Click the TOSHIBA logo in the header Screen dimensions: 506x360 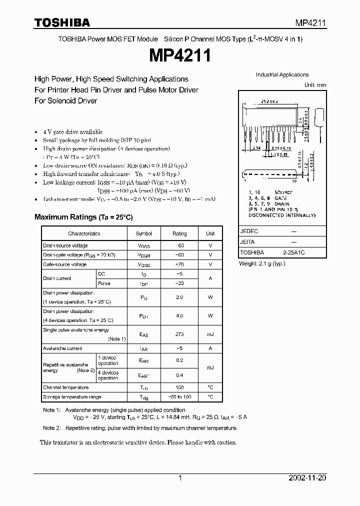pyautogui.click(x=62, y=22)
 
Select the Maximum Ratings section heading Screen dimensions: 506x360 pyautogui.click(x=83, y=217)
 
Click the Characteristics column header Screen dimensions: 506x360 pyautogui.click(x=84, y=233)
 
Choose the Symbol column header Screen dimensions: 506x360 pyautogui.click(x=144, y=233)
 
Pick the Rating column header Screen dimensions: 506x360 pyautogui.click(x=179, y=233)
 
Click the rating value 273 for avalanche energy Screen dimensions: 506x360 pyautogui.click(x=179, y=334)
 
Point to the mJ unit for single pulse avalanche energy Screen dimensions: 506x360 pyautogui.click(x=210, y=334)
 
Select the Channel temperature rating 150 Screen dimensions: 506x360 pyautogui.click(x=179, y=387)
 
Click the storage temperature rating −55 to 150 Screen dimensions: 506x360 pyautogui.click(x=179, y=397)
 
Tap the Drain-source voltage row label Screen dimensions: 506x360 pyautogui.click(x=65, y=245)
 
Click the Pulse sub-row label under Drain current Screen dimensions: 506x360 pyautogui.click(x=104, y=283)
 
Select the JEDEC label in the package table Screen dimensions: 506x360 pyautogui.click(x=248, y=232)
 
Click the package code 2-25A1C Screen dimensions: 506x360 pyautogui.click(x=293, y=253)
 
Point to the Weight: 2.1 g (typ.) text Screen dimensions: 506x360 pyautogui.click(x=262, y=263)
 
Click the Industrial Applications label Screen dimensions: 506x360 pyautogui.click(x=282, y=75)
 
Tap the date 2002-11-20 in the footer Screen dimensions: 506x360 pyautogui.click(x=307, y=478)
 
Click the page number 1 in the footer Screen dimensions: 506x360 pyautogui.click(x=180, y=478)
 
